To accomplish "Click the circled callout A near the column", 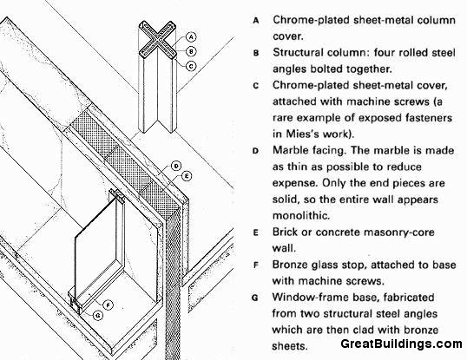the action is (191, 37).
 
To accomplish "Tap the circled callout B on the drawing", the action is (191, 51).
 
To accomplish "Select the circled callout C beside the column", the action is (191, 66).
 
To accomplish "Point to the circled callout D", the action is (176, 166).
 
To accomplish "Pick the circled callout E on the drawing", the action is (187, 176).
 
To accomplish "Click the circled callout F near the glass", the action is (108, 304).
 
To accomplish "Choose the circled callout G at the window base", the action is (98, 316).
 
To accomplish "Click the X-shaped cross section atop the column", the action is (158, 40).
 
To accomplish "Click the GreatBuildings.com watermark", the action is (401, 344).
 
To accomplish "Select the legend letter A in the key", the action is (256, 21).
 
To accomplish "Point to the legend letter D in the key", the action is (255, 151).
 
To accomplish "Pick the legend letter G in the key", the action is (255, 298).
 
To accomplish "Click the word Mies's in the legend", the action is (305, 134).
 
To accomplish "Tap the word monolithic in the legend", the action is (301, 215).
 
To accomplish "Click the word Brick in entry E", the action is (285, 232).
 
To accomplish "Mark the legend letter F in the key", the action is (255, 265).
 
